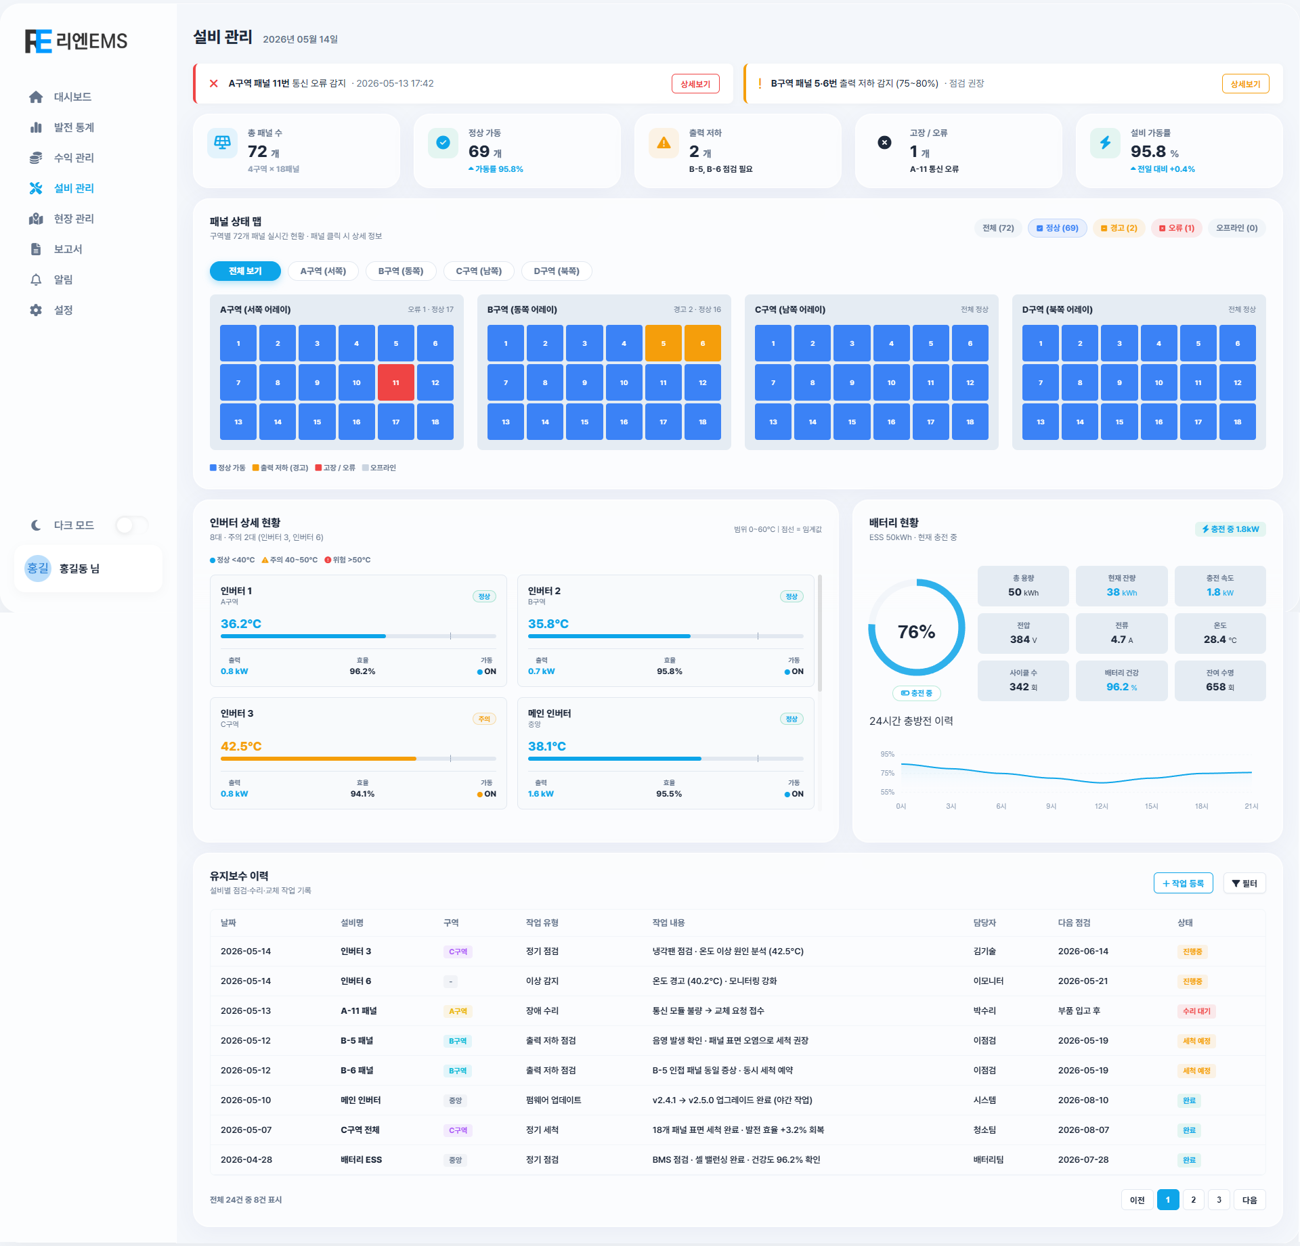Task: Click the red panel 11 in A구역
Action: click(395, 382)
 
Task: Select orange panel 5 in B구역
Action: click(663, 343)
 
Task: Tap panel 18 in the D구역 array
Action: click(1237, 422)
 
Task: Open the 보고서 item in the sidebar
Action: click(68, 249)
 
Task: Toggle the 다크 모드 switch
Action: click(131, 525)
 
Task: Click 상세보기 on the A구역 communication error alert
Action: click(695, 84)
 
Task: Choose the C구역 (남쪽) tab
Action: click(479, 271)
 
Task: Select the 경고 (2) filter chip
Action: click(1119, 228)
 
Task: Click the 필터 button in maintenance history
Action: click(1244, 883)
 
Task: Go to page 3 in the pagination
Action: click(1219, 1200)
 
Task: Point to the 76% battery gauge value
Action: click(916, 631)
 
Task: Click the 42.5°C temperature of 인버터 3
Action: click(241, 747)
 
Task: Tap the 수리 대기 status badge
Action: click(1196, 1011)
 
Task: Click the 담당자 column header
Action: click(984, 923)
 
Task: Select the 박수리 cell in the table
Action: click(984, 1011)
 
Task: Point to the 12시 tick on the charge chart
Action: click(1102, 806)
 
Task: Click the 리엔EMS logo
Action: click(77, 41)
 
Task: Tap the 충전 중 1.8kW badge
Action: click(1230, 529)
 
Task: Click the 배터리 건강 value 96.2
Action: click(1117, 687)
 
